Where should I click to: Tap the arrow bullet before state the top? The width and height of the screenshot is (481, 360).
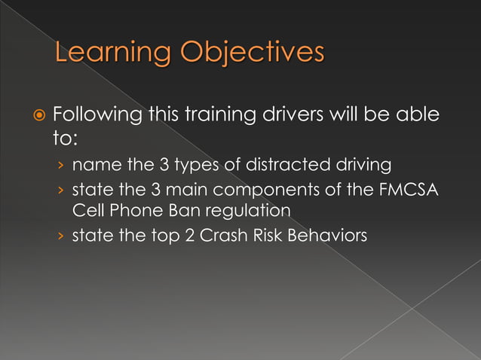click(x=60, y=236)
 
